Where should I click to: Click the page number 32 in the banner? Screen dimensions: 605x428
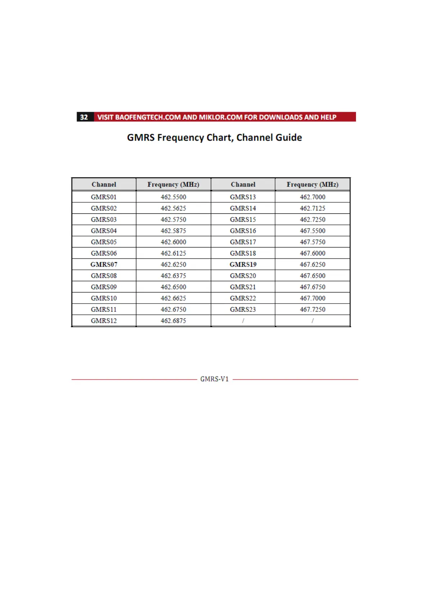(84, 117)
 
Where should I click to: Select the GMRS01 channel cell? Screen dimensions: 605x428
(104, 197)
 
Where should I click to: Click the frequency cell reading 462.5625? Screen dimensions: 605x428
(173, 208)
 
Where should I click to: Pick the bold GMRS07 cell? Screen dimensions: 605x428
(104, 264)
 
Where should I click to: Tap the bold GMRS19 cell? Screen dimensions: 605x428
(243, 264)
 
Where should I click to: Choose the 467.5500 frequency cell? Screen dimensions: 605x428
(313, 231)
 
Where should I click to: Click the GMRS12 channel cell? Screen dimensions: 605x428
(104, 321)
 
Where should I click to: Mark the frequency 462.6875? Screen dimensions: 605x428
(173, 321)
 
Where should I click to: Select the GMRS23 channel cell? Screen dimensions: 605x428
(243, 309)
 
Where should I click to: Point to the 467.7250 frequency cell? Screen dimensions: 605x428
(313, 309)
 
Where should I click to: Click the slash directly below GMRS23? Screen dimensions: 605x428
(243, 321)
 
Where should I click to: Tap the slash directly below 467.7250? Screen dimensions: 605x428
(313, 321)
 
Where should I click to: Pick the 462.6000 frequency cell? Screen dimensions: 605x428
(173, 242)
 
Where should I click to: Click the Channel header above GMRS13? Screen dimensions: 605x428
(243, 184)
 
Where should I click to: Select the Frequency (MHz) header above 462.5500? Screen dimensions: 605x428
(173, 184)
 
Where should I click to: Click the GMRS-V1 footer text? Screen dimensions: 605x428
(214, 379)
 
